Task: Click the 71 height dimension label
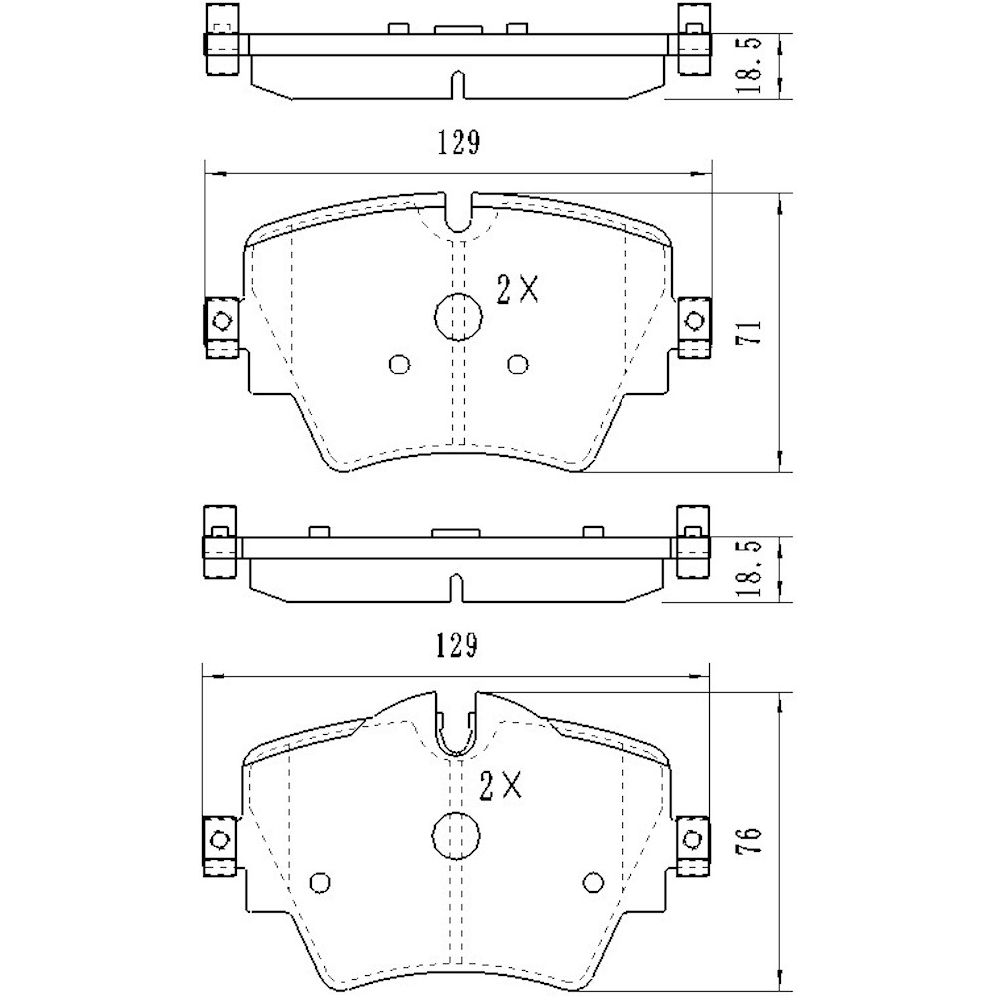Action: point(753,332)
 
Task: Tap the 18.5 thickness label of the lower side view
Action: point(754,568)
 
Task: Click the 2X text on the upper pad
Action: point(517,290)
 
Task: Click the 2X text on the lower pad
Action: point(501,787)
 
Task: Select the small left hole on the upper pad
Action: point(399,365)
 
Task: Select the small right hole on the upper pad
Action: point(516,365)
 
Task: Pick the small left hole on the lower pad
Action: point(320,881)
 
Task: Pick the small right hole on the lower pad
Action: point(593,881)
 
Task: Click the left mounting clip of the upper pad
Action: point(220,323)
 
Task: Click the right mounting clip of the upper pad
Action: point(694,323)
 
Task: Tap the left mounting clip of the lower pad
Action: point(220,840)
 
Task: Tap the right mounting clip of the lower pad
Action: point(694,840)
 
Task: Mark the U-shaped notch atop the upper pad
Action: point(458,215)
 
